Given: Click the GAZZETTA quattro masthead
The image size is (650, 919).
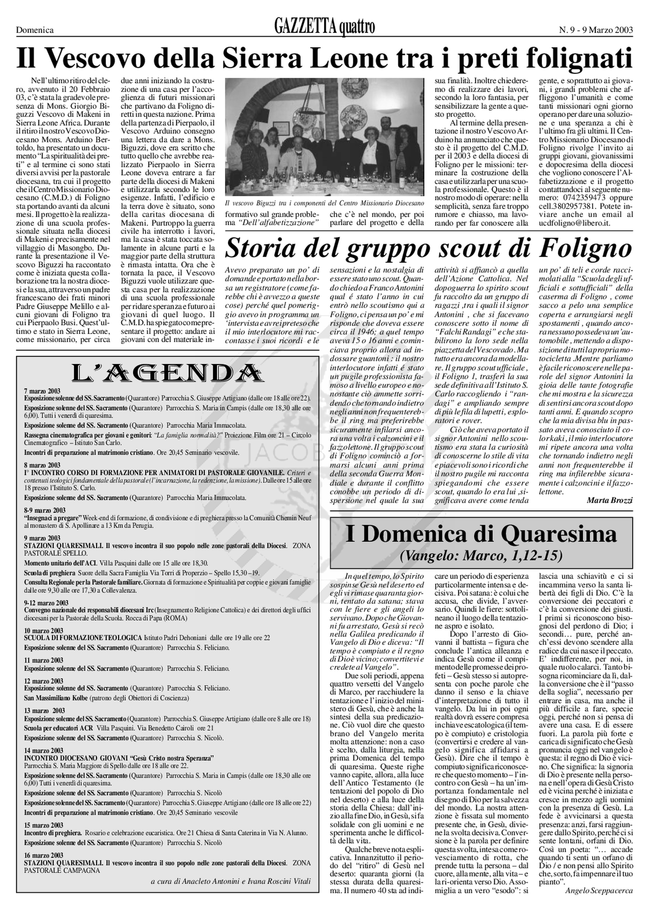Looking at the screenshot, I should (324, 27).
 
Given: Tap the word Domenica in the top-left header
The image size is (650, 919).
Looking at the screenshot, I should (35, 30).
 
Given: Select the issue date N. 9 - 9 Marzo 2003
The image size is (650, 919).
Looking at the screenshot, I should (596, 30).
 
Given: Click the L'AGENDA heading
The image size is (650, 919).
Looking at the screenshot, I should (168, 373).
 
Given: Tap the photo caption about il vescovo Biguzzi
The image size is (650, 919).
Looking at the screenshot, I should (324, 203).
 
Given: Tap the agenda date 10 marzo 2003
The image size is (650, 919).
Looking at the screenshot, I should (44, 631).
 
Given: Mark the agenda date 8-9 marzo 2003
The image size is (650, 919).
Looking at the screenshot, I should (45, 510).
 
